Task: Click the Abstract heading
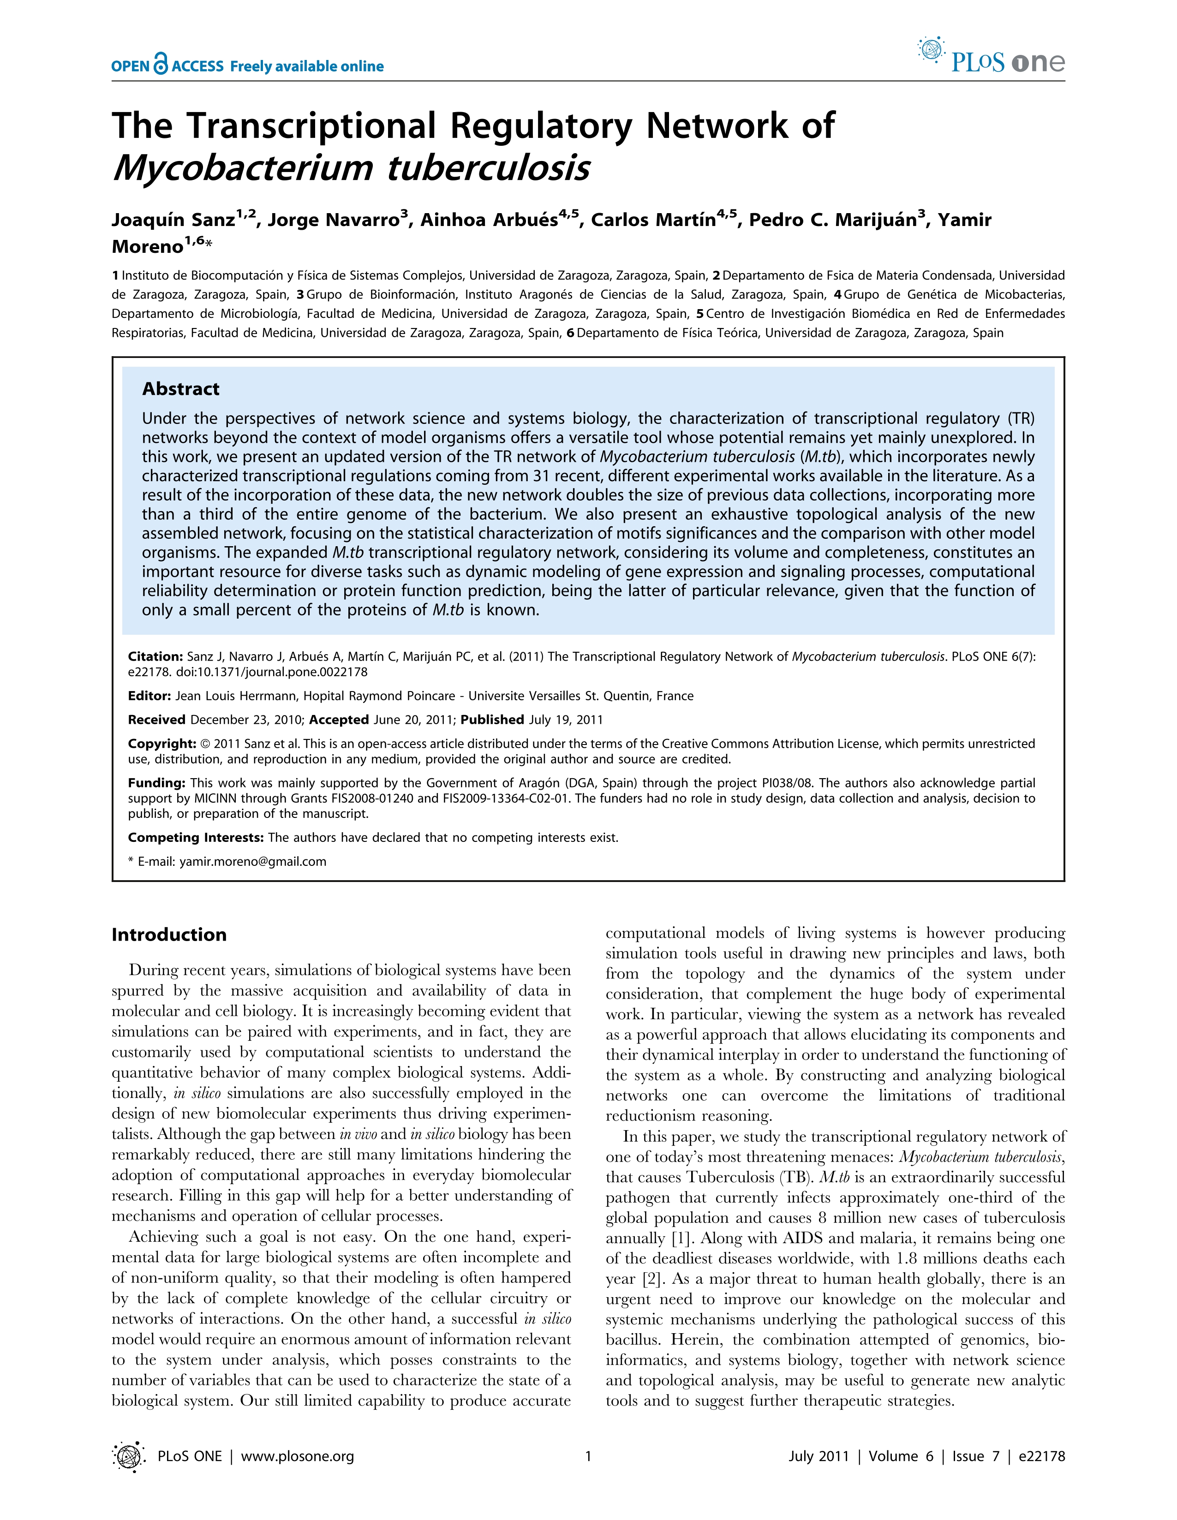click(x=180, y=389)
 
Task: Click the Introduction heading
click(x=169, y=934)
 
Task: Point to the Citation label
click(x=155, y=656)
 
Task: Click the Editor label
click(x=149, y=696)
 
